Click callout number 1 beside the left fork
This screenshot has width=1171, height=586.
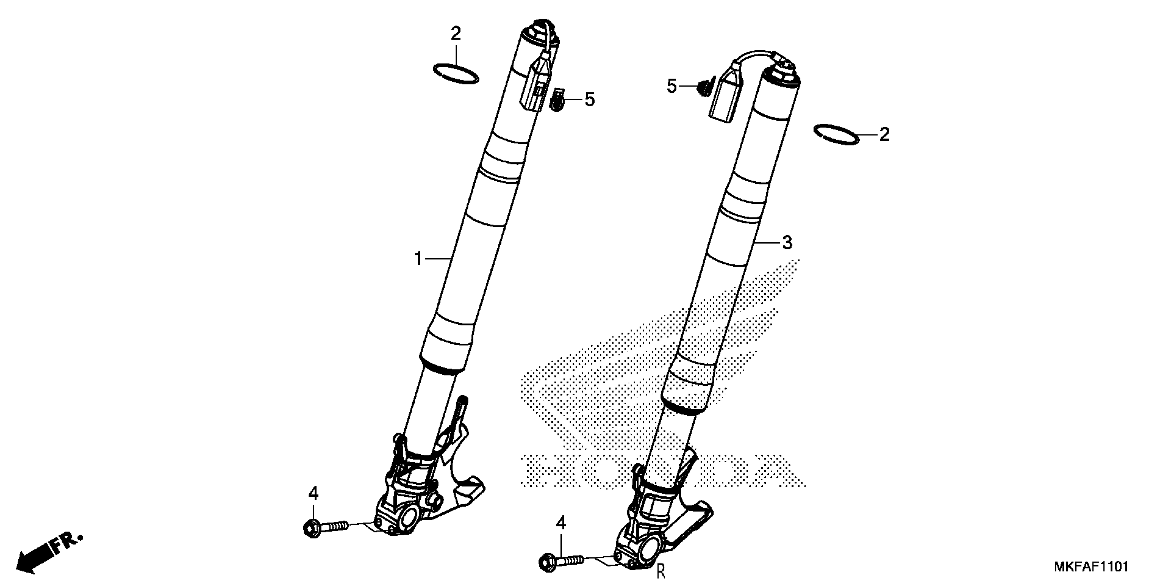418,259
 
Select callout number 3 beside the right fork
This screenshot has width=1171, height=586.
787,242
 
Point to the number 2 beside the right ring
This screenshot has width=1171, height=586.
884,135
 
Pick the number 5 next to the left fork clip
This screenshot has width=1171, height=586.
589,99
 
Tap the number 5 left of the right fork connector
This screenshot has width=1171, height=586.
672,85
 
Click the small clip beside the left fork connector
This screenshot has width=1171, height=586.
557,101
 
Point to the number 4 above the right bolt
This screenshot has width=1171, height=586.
561,524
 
